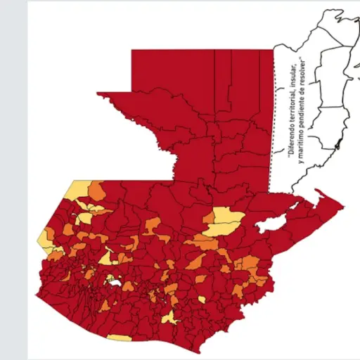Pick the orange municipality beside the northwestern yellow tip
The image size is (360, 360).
pos(96,190)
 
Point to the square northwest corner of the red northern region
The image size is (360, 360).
pos(134,52)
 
